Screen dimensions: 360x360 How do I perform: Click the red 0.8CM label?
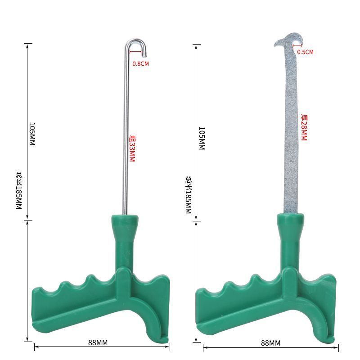click(x=140, y=63)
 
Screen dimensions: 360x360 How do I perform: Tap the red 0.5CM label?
click(x=306, y=52)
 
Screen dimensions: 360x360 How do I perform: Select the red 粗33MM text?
click(x=132, y=148)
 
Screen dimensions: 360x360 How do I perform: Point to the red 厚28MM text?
click(x=304, y=127)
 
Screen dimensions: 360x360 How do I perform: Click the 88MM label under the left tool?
click(x=98, y=342)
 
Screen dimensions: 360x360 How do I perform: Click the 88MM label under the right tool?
click(x=271, y=343)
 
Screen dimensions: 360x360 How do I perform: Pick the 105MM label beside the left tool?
click(x=32, y=134)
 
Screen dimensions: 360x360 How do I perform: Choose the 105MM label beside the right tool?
click(x=202, y=138)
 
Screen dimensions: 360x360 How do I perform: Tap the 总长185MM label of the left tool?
click(x=19, y=190)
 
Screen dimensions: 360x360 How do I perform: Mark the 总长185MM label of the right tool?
click(x=189, y=195)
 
